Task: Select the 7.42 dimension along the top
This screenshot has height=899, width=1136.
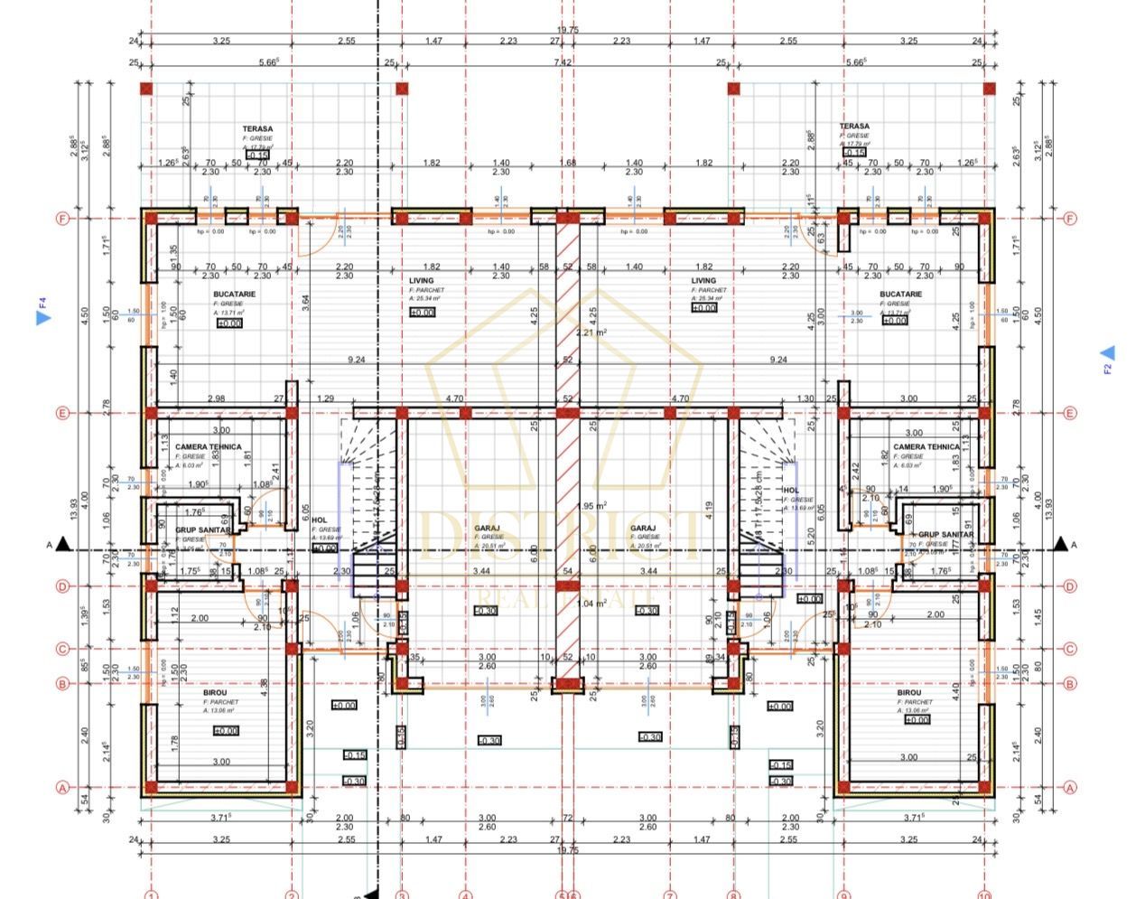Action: tap(562, 62)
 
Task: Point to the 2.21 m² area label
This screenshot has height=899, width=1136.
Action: tap(591, 332)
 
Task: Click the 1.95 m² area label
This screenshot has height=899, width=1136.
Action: tap(591, 506)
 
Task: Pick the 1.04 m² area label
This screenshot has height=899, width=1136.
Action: tap(591, 604)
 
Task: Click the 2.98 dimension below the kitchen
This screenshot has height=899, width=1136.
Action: tap(216, 398)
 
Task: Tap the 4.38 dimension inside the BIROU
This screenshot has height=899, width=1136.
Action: tap(263, 688)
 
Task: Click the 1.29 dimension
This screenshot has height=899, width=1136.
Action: tap(326, 398)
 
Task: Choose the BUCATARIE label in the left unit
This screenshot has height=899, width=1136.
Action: tap(234, 295)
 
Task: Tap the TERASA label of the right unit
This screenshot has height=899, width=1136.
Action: tap(854, 126)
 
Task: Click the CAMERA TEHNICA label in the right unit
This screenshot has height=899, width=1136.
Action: tap(926, 447)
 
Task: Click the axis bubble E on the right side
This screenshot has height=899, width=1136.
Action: tap(1070, 414)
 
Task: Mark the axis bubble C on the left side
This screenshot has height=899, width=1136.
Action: tap(62, 649)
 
